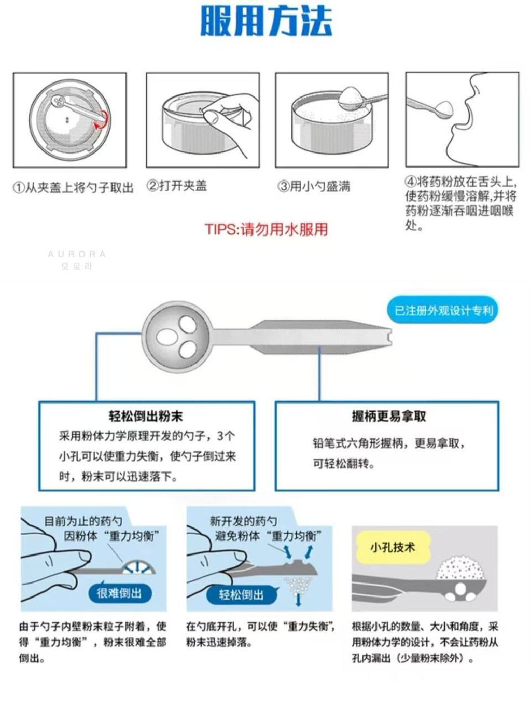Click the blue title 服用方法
267,21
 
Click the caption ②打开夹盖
177,186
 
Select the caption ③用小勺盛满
314,186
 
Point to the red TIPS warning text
267,229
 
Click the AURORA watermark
77,254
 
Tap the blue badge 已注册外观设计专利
443,311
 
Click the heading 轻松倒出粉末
146,416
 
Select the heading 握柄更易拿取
389,416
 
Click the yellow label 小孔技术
393,547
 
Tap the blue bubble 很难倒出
119,593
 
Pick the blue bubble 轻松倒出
242,594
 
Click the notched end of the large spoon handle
390,337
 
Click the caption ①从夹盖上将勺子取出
73,187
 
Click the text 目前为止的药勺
83,520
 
